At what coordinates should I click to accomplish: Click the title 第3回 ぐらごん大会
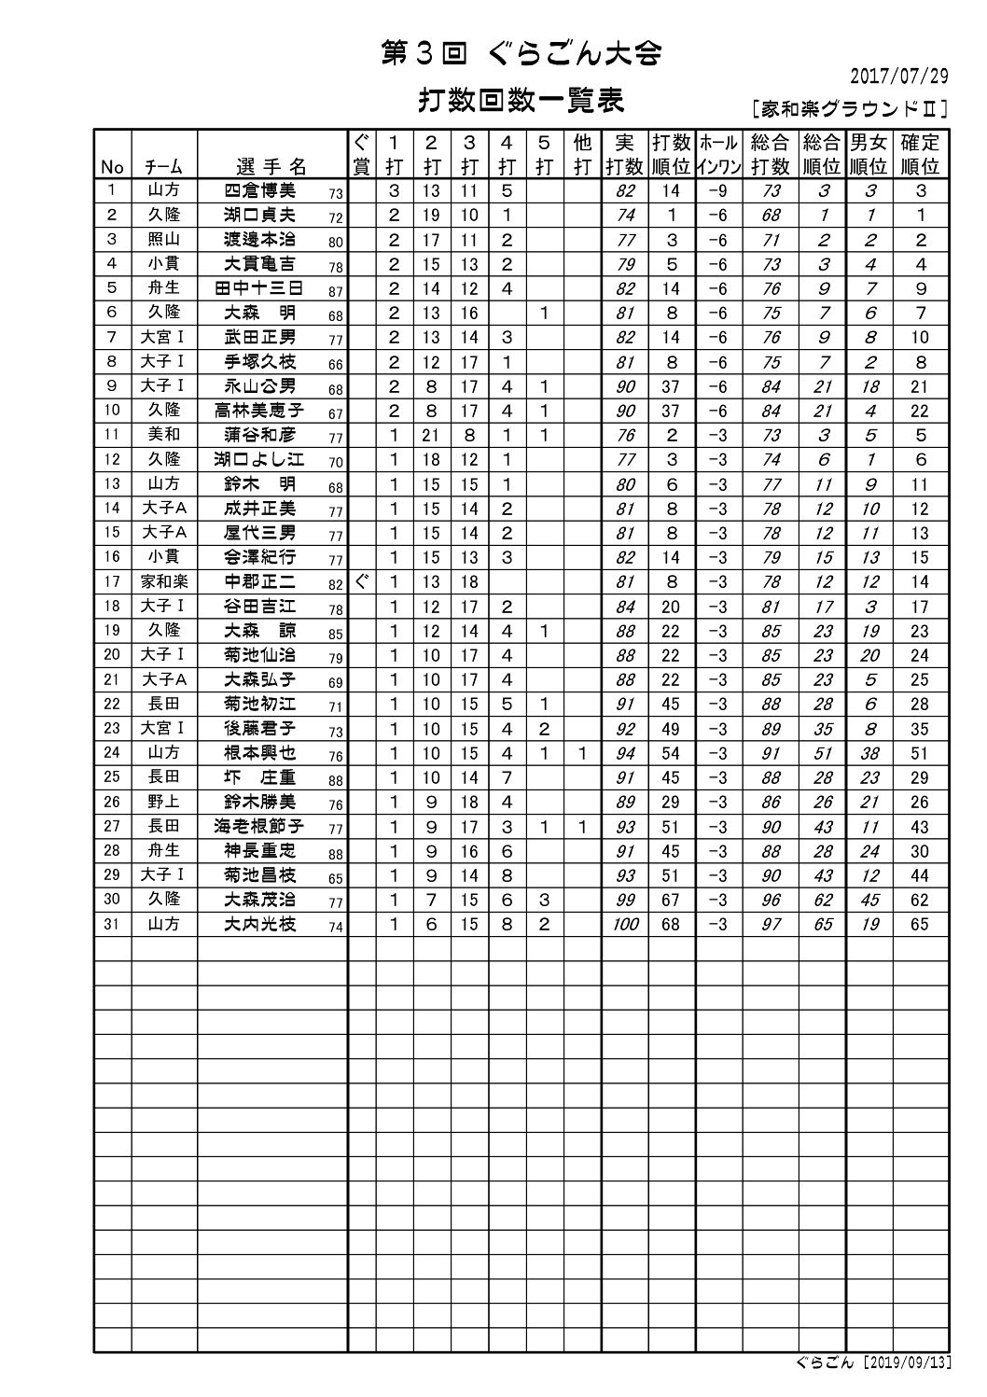521,54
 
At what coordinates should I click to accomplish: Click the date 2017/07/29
901,76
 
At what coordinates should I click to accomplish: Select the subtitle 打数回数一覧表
521,100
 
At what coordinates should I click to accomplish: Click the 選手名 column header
271,167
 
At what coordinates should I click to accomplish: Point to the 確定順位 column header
920,155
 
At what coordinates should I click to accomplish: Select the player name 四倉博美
260,190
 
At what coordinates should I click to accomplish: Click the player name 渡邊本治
260,240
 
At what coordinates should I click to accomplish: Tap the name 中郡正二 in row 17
260,581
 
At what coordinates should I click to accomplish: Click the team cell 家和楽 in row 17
164,581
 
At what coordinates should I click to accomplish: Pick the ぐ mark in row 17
362,581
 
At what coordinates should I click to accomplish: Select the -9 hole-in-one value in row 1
717,191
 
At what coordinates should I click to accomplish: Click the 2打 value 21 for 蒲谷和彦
431,435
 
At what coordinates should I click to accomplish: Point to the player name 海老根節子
260,826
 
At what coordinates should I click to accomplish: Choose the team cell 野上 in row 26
164,802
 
